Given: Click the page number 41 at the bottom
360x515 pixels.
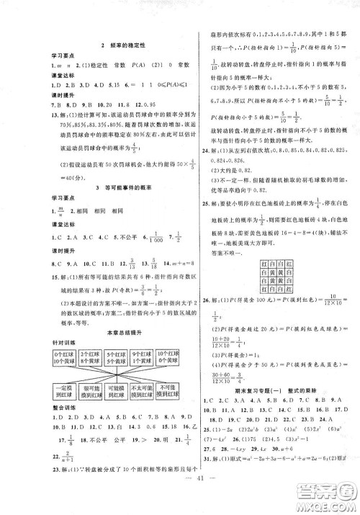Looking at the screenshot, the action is [179, 502].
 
